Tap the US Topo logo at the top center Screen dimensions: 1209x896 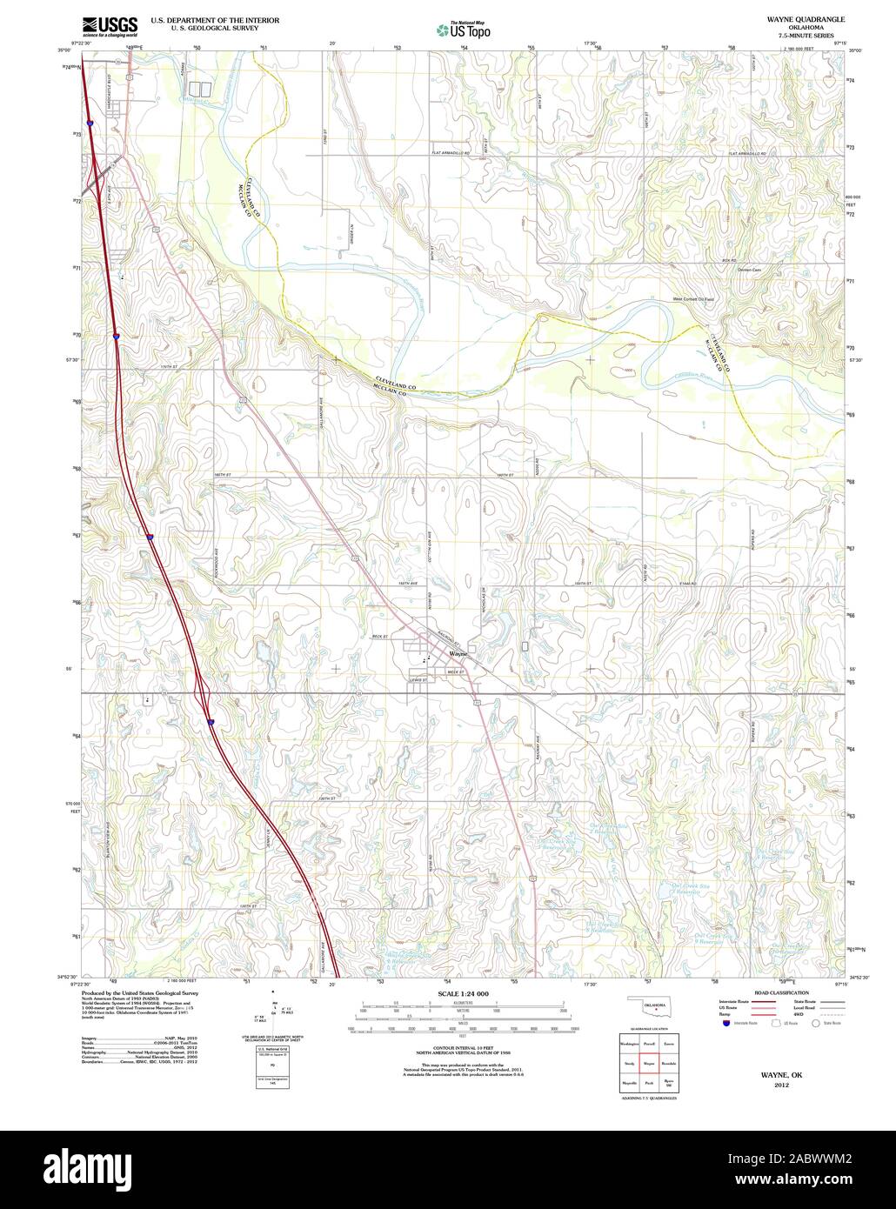[x=464, y=30]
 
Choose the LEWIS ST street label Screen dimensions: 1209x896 [x=418, y=679]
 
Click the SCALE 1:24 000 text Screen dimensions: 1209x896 [x=464, y=993]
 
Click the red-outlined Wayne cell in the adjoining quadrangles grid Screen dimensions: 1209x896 [x=648, y=1063]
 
